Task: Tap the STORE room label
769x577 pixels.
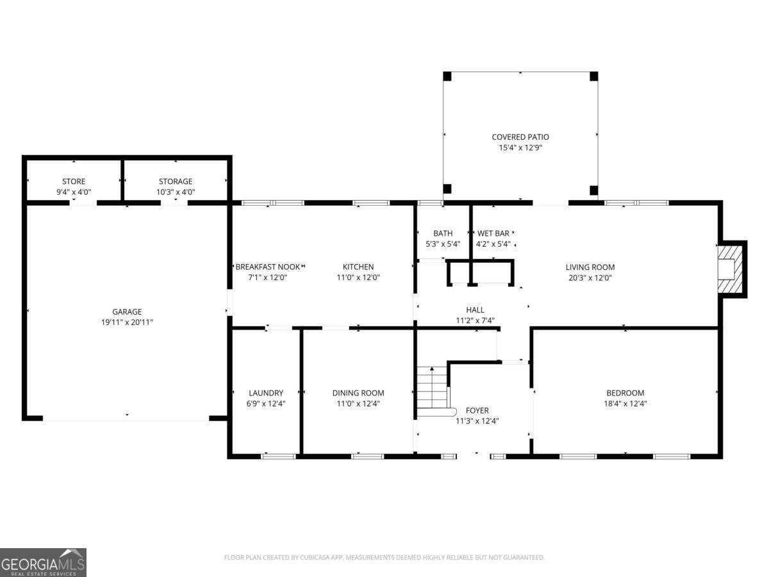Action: click(74, 181)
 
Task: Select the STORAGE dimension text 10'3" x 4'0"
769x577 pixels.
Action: click(176, 192)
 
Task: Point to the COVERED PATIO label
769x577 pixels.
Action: click(520, 137)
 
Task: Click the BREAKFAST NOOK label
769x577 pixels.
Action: click(267, 267)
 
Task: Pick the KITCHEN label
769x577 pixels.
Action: click(358, 267)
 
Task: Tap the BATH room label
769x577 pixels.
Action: click(443, 233)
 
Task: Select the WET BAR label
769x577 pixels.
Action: click(493, 233)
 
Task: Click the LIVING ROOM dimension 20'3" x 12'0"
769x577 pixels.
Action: click(590, 278)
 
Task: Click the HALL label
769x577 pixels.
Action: click(475, 310)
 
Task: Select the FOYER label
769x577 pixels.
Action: click(477, 410)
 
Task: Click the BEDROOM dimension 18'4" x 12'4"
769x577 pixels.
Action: click(625, 404)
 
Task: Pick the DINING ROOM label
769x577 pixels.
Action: click(358, 393)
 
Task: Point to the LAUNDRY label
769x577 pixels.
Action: click(266, 393)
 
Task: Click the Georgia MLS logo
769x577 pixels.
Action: click(43, 562)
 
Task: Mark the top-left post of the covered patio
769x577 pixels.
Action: click(447, 76)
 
